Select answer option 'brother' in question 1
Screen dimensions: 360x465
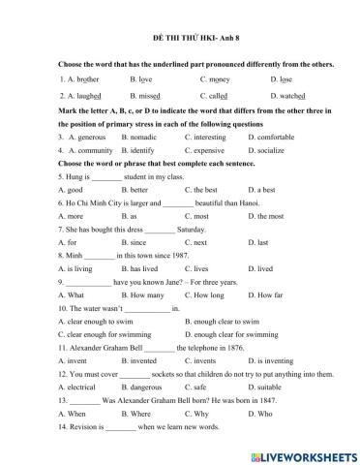85,79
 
